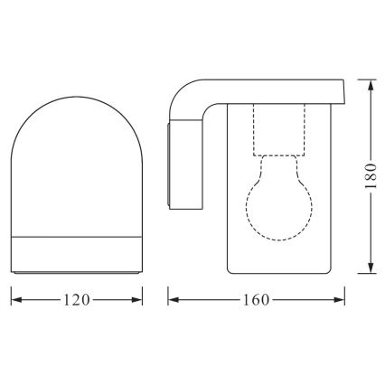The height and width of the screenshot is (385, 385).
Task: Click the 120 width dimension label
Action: click(x=76, y=300)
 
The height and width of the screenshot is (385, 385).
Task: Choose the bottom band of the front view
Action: click(x=76, y=256)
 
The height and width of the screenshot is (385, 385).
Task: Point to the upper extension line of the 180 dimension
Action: click(x=357, y=80)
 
